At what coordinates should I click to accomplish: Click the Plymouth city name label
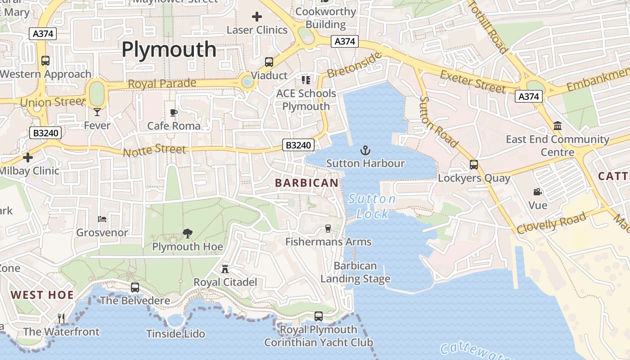pyautogui.click(x=169, y=49)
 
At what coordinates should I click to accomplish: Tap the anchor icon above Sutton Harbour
pyautogui.click(x=365, y=150)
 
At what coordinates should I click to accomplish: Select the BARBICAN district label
pyautogui.click(x=306, y=183)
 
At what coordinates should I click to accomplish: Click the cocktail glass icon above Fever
pyautogui.click(x=97, y=112)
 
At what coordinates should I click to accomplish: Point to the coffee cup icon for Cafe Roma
pyautogui.click(x=174, y=112)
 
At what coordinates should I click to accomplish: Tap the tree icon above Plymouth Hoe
pyautogui.click(x=187, y=233)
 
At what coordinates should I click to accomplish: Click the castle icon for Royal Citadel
pyautogui.click(x=225, y=269)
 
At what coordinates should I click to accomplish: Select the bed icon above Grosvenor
pyautogui.click(x=102, y=219)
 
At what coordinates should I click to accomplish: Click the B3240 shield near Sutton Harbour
pyautogui.click(x=298, y=145)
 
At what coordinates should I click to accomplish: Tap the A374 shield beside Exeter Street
pyautogui.click(x=529, y=96)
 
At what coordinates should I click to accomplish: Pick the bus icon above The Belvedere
pyautogui.click(x=135, y=287)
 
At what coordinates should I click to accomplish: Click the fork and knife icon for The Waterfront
pyautogui.click(x=61, y=319)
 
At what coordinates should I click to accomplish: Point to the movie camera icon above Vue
pyautogui.click(x=537, y=192)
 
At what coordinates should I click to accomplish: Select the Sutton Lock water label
pyautogui.click(x=372, y=206)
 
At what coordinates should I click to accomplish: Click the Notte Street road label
pyautogui.click(x=154, y=150)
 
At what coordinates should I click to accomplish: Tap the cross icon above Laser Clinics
pyautogui.click(x=257, y=17)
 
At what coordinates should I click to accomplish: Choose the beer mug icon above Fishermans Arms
pyautogui.click(x=328, y=229)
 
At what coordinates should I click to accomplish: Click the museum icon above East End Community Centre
pyautogui.click(x=558, y=126)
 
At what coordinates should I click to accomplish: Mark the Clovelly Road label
pyautogui.click(x=552, y=223)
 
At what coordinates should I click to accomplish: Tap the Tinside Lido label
pyautogui.click(x=175, y=334)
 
